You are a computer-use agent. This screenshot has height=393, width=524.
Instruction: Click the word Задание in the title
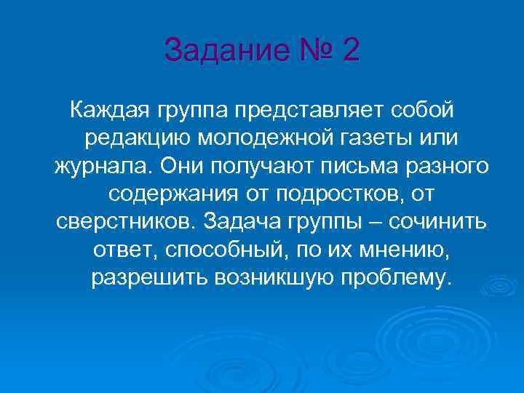pos(218,52)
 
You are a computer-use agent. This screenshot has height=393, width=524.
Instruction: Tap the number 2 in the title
pos(347,52)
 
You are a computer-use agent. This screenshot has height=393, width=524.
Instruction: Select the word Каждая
pos(106,110)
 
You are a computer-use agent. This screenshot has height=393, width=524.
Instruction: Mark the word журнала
pos(100,165)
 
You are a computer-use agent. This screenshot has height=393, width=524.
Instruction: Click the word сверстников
pos(126,221)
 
